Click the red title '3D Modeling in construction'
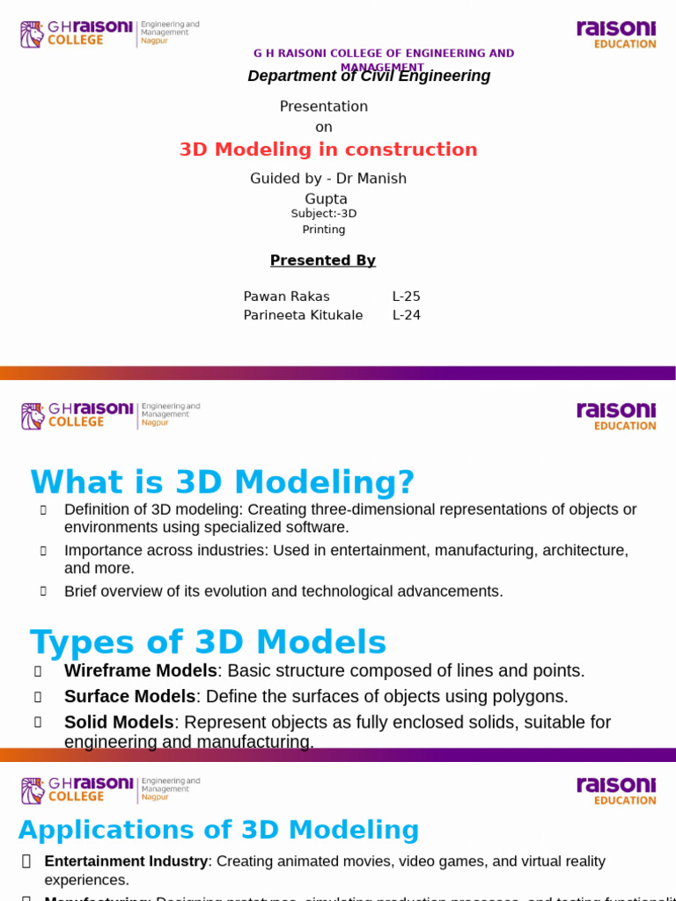(x=328, y=150)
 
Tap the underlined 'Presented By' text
(x=323, y=260)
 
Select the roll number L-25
(x=407, y=297)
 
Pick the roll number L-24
(x=407, y=315)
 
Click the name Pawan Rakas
(x=286, y=297)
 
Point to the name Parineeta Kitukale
(x=303, y=315)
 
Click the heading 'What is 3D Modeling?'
(x=222, y=482)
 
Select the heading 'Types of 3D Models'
(x=208, y=642)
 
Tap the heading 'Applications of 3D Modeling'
(x=218, y=830)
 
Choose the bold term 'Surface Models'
(x=129, y=696)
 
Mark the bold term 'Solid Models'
(x=119, y=722)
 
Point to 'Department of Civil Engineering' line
(x=369, y=77)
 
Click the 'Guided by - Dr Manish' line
(x=328, y=179)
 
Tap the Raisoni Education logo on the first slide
(x=616, y=35)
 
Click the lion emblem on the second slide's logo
(x=33, y=416)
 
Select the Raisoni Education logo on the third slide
(x=616, y=790)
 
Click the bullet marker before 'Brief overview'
(x=42, y=591)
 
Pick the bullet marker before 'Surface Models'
(x=38, y=697)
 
